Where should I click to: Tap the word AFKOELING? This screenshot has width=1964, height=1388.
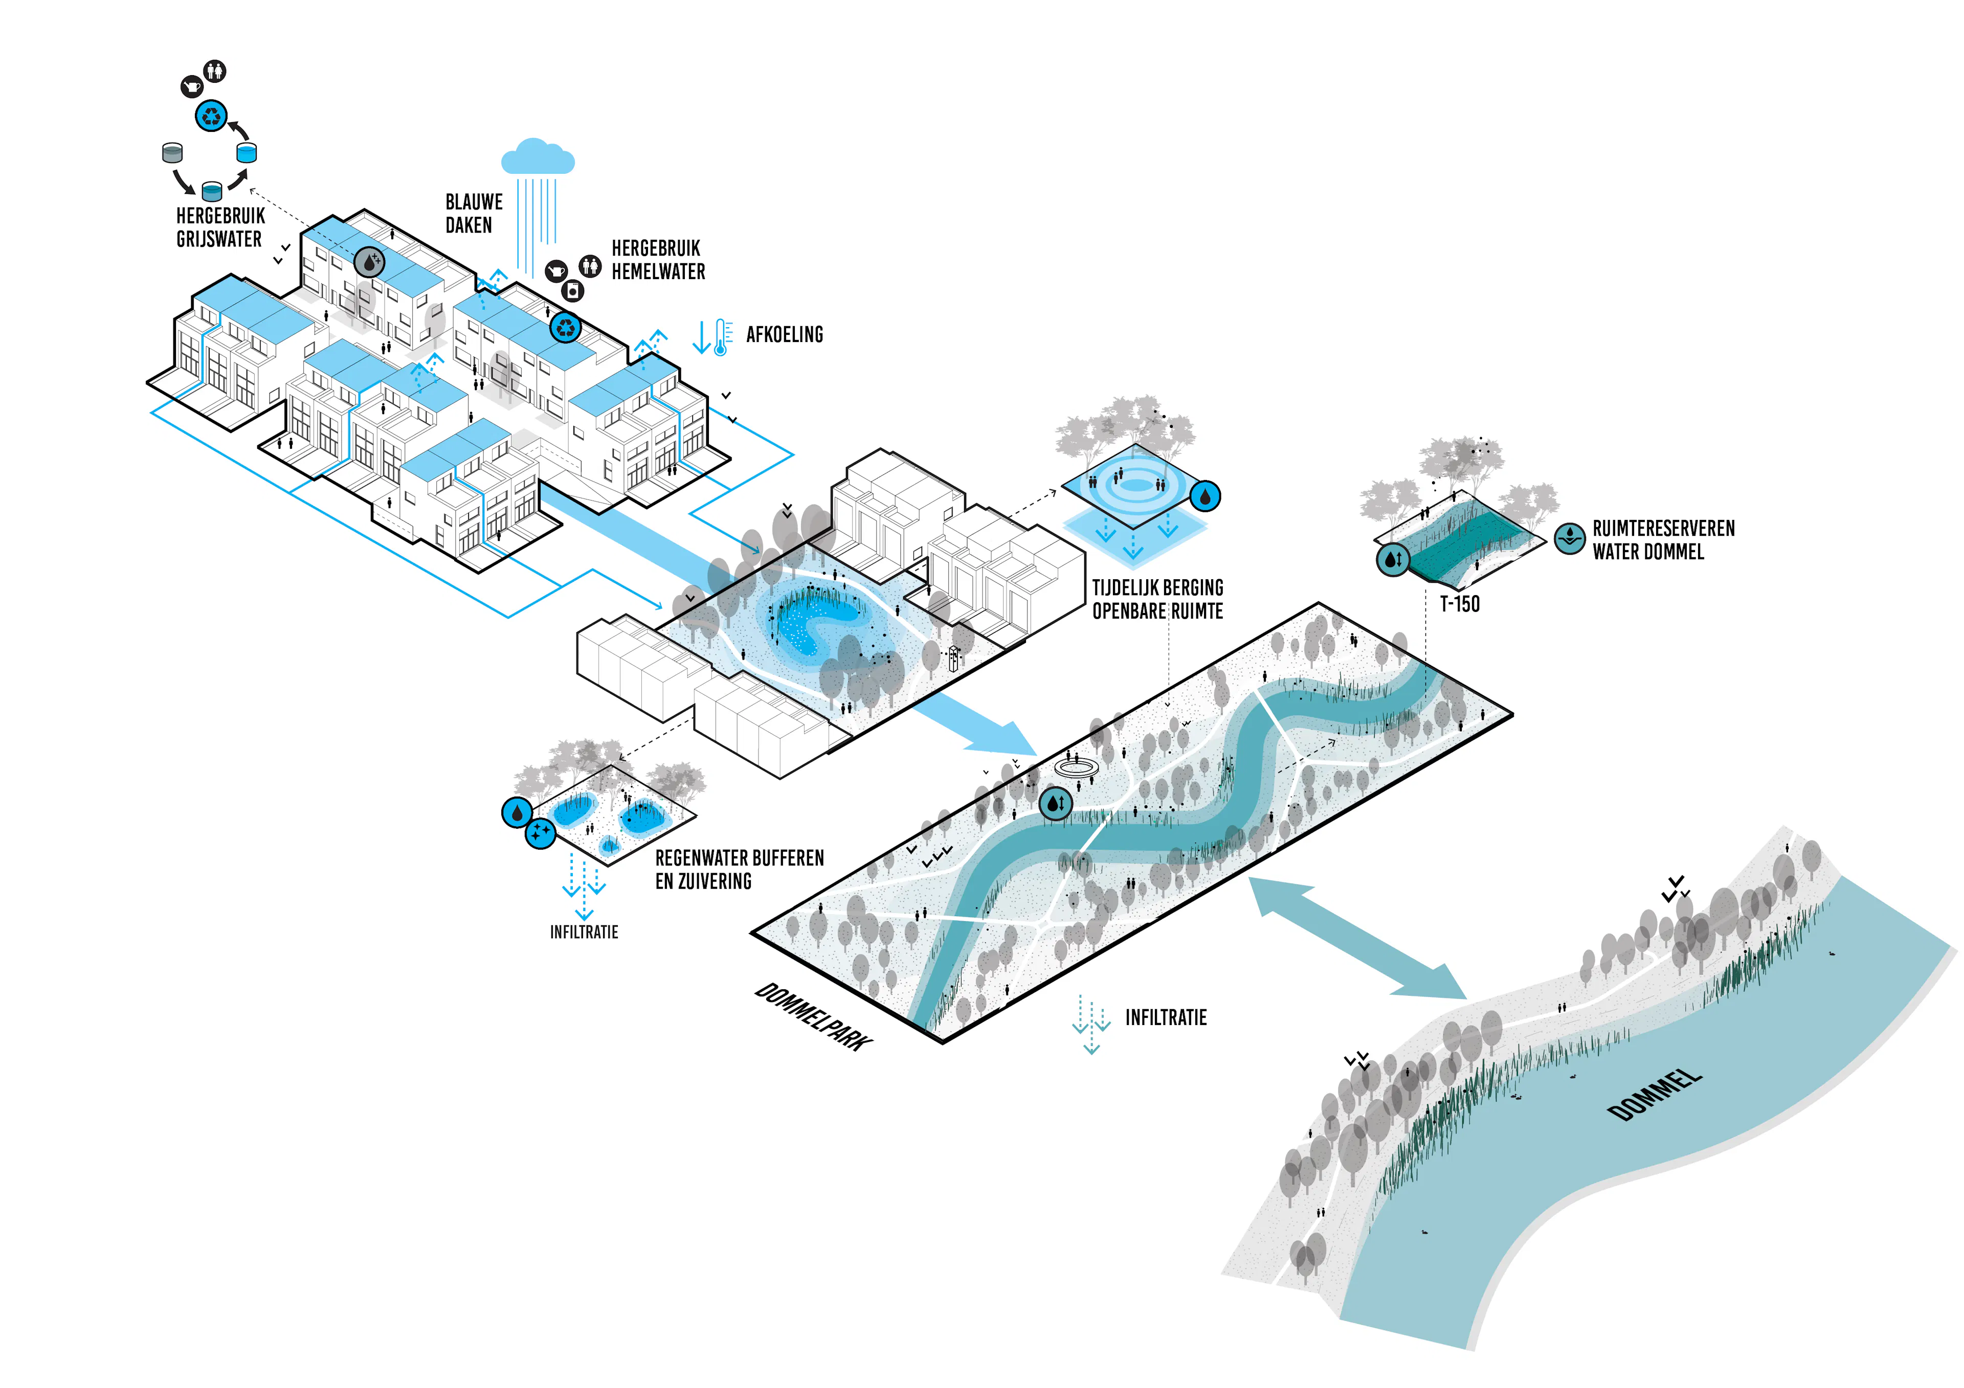coord(785,334)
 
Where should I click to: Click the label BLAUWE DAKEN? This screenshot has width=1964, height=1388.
coord(474,214)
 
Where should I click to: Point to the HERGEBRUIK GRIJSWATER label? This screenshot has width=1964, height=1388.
coord(220,227)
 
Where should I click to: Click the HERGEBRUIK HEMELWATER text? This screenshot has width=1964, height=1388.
coord(658,260)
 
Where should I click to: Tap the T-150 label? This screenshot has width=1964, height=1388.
coord(1459,604)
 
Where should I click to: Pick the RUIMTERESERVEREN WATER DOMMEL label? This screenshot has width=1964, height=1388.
coord(1663,540)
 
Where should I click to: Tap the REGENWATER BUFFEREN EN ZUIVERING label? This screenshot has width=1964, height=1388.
coord(739,870)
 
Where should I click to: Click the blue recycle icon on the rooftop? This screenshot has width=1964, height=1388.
coord(566,327)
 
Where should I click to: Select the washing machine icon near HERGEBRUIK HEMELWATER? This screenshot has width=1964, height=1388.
coord(573,291)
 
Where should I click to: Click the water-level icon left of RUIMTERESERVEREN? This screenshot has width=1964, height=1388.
coord(1570,539)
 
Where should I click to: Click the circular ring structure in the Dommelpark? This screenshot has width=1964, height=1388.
coord(1076,767)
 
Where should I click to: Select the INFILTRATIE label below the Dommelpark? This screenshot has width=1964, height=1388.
coord(1166,1018)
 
